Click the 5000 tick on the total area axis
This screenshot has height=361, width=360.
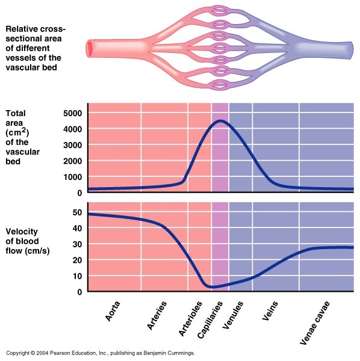[x=73, y=113]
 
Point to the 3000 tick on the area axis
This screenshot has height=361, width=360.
[x=73, y=145]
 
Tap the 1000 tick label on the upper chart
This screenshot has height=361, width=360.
[x=73, y=177]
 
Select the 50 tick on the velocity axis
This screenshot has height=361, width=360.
[x=77, y=212]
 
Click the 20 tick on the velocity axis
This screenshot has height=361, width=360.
[x=77, y=260]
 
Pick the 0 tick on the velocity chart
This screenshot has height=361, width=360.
[x=80, y=292]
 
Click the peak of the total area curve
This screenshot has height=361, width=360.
[x=220, y=121]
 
